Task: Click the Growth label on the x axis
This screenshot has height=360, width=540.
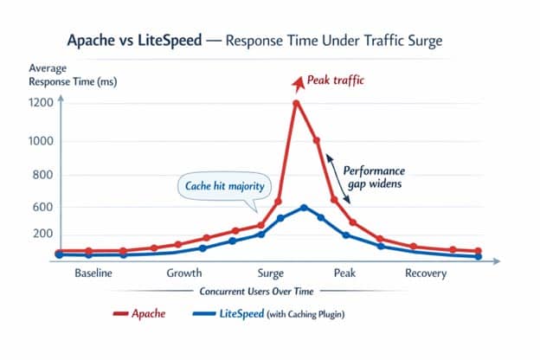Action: point(184,273)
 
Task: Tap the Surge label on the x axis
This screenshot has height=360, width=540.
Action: point(275,273)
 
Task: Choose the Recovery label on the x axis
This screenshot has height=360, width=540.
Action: point(425,273)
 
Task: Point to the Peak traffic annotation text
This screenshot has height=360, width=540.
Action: point(338,80)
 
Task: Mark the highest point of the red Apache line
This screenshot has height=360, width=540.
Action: point(296,103)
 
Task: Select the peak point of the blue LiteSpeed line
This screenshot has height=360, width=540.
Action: point(303,207)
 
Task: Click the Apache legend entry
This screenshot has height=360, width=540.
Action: point(138,314)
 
